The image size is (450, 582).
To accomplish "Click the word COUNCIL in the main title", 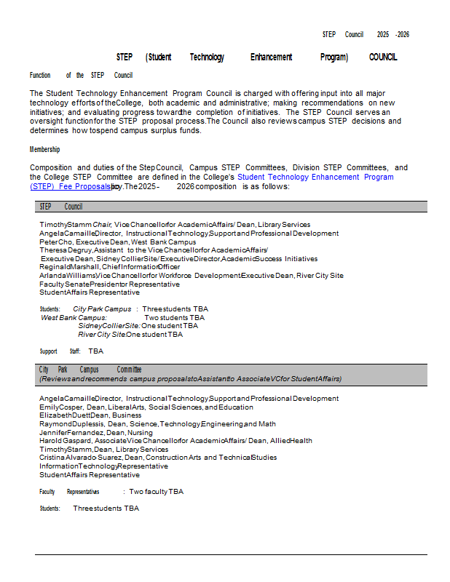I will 383,57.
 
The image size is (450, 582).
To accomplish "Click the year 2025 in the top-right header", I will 383,34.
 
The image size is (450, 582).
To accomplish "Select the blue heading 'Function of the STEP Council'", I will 81,75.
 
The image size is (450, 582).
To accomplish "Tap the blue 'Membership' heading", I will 45,149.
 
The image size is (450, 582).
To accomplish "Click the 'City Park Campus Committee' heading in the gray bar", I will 90,370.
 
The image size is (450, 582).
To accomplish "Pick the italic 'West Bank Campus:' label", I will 74,317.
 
